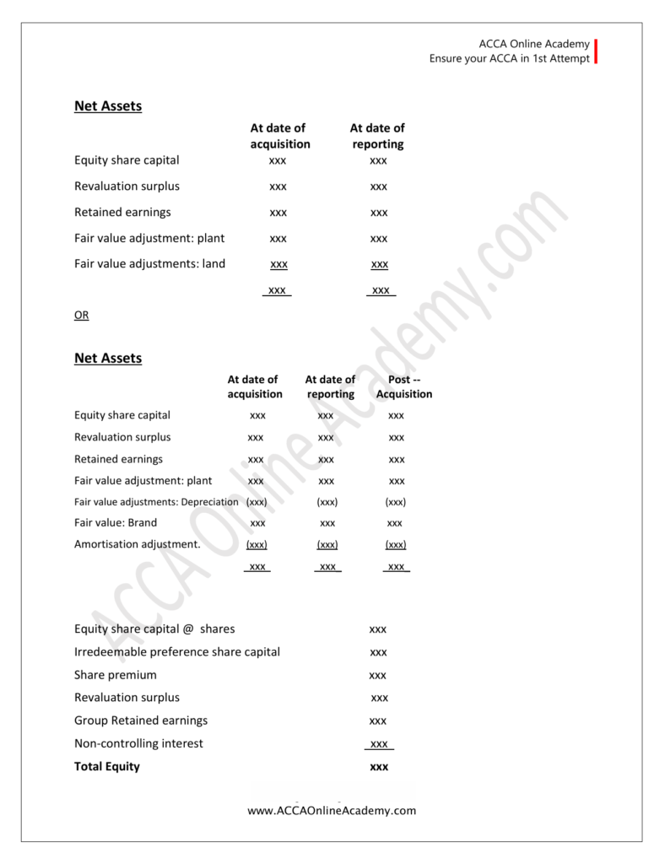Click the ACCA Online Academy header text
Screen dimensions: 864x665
[x=533, y=44]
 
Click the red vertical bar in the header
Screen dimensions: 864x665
[x=596, y=51]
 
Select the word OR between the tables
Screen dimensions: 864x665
[x=81, y=316]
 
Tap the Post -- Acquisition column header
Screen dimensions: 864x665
[x=404, y=387]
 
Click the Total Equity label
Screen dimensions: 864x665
[x=107, y=767]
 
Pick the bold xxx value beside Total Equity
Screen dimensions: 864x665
[x=379, y=768]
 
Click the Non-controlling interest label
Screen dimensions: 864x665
[x=138, y=744]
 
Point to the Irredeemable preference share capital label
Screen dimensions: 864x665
[x=177, y=652]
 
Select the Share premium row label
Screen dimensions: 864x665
[x=116, y=675]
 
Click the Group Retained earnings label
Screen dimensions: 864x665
[x=141, y=721]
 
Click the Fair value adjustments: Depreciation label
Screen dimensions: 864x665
[x=156, y=502]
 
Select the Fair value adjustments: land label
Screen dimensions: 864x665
[x=150, y=264]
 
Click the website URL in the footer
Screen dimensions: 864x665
[x=332, y=811]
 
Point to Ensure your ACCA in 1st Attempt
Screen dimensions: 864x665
[x=510, y=59]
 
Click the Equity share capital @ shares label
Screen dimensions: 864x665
[x=154, y=629]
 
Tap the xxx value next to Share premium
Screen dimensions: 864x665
[x=378, y=676]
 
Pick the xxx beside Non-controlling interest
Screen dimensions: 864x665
[x=379, y=744]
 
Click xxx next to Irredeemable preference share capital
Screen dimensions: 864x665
[x=378, y=652]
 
